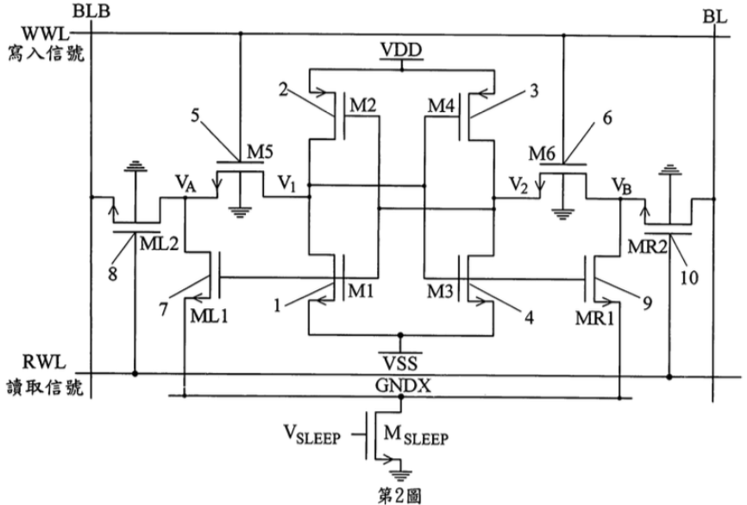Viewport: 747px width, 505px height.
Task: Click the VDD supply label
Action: point(401,49)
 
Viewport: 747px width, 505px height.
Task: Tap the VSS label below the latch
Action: point(400,363)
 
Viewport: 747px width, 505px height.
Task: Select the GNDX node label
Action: point(403,385)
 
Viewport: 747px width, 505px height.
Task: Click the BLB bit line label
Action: point(91,11)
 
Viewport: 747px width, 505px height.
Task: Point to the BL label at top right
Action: point(714,16)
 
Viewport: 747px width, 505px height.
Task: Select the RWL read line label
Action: point(44,363)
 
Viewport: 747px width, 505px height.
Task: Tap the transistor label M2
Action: point(363,105)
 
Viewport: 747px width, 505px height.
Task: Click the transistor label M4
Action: point(441,105)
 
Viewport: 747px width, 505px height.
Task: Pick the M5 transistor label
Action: point(261,152)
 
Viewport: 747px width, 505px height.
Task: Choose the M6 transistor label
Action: point(542,154)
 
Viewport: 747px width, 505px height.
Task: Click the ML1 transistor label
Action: point(209,315)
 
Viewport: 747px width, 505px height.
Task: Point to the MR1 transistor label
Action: point(594,318)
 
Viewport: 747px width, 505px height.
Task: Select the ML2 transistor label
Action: point(159,243)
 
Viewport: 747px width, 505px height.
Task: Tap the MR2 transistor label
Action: point(648,247)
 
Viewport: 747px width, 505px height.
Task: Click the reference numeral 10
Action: point(689,277)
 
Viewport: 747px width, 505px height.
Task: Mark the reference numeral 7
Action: point(163,310)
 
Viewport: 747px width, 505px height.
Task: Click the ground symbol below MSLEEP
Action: point(400,474)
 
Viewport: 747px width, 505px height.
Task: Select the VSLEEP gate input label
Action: point(312,435)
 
